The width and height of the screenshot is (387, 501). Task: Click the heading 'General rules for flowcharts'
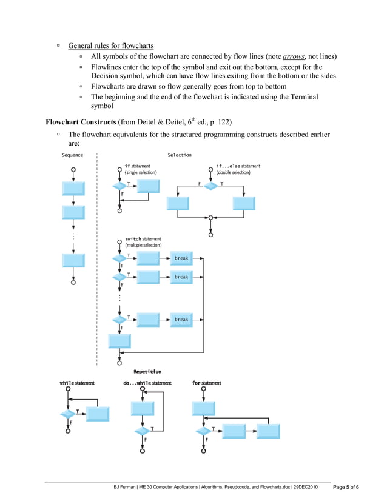click(x=110, y=45)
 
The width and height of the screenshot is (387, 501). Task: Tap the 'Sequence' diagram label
click(x=73, y=155)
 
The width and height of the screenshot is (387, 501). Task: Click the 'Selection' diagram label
click(x=180, y=155)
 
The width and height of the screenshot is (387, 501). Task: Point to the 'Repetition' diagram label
click(x=147, y=371)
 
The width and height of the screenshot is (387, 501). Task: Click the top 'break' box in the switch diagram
click(x=181, y=258)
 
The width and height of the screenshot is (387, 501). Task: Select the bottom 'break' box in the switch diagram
click(x=181, y=320)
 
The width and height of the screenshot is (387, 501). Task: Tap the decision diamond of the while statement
click(x=67, y=414)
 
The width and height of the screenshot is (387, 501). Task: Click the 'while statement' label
click(x=78, y=383)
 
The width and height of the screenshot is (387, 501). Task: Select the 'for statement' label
click(x=206, y=383)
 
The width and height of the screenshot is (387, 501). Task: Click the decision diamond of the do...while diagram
click(x=142, y=431)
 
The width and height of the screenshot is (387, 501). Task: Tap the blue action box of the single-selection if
click(x=147, y=186)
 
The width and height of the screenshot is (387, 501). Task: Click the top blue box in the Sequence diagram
click(x=73, y=188)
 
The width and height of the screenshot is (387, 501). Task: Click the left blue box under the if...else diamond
click(x=178, y=203)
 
